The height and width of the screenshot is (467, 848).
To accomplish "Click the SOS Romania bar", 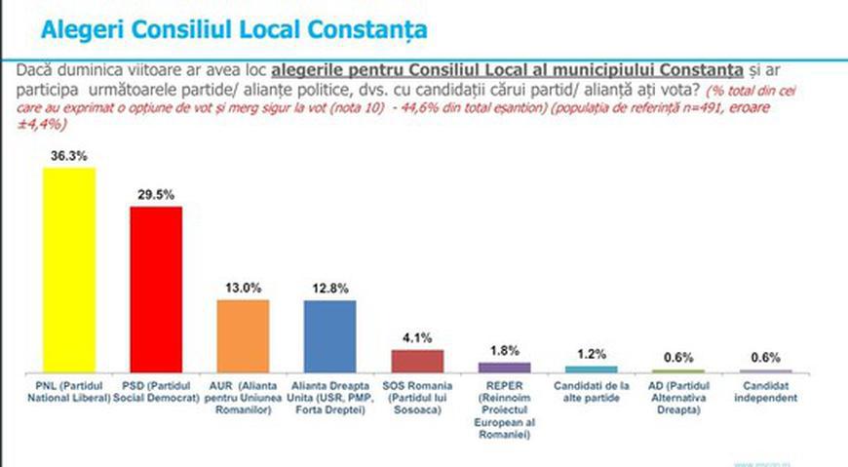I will coord(417,361).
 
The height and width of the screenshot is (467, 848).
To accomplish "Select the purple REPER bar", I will coord(504,368).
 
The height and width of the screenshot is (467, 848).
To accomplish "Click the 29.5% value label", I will coord(156,194).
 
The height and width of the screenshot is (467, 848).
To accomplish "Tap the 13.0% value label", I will coord(243,288).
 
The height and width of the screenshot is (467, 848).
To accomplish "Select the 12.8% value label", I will coord(329,288).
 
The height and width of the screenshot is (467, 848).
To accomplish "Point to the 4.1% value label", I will coord(417,337).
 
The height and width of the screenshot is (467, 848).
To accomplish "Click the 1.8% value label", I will coord(504,351).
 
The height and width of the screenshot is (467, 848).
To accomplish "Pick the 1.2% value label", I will coord(591,355).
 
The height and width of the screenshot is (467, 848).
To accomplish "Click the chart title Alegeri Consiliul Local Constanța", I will coord(233,30).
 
